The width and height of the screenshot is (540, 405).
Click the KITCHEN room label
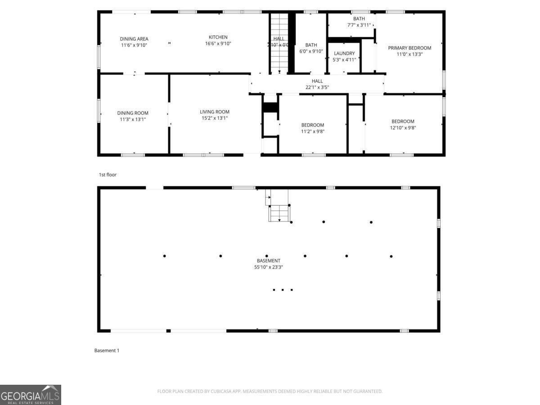tap(218, 37)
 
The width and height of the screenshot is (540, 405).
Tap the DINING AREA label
tap(134, 39)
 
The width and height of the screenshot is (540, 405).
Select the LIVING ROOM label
tap(215, 112)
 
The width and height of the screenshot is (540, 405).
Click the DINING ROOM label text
tap(133, 113)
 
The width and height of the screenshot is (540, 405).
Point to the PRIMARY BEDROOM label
tap(409, 48)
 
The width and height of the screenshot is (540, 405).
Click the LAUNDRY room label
tap(344, 54)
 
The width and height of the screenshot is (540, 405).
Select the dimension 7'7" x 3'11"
tap(359, 25)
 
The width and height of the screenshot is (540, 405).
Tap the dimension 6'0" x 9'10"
tap(311, 51)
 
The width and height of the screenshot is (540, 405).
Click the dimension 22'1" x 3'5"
tap(317, 87)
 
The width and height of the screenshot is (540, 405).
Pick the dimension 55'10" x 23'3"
tap(269, 267)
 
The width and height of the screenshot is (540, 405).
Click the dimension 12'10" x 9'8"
tap(403, 128)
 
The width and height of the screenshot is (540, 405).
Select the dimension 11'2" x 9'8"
tap(312, 131)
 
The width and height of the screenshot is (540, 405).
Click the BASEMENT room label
tap(269, 261)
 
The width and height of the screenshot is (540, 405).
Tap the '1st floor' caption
tap(108, 175)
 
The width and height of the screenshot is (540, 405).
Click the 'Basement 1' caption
tap(107, 351)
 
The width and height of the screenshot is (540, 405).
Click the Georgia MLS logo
tap(30, 395)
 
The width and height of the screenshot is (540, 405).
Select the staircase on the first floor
tap(279, 43)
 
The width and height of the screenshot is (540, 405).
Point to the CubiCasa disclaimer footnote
tap(270, 391)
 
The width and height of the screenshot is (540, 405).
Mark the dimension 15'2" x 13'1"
tap(215, 118)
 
